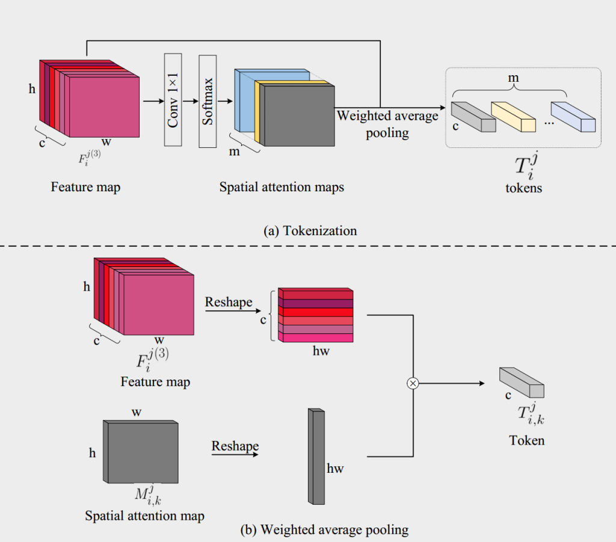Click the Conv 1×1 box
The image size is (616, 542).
click(x=173, y=100)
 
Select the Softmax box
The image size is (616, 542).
click(x=208, y=100)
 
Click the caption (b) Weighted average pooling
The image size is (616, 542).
click(x=324, y=530)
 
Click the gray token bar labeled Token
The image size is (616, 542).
click(x=522, y=383)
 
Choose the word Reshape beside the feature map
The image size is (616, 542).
click(x=229, y=302)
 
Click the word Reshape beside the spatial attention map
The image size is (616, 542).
click(x=235, y=446)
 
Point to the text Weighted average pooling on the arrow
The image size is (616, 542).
click(x=387, y=123)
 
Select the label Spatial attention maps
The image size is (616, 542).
click(x=282, y=187)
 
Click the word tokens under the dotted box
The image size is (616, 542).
click(x=524, y=188)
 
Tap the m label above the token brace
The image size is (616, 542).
click(x=514, y=79)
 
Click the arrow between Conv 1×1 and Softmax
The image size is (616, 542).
click(x=190, y=102)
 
